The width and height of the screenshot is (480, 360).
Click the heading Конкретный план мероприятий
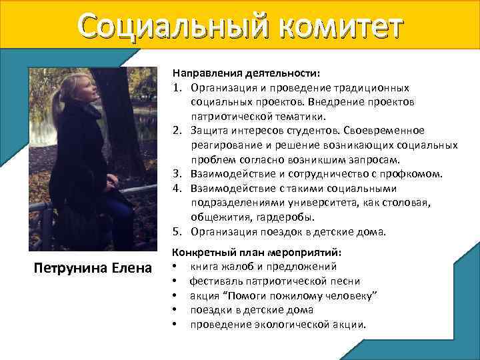pyautogui.click(x=257, y=253)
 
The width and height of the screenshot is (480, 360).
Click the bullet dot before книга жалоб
pyautogui.click(x=175, y=268)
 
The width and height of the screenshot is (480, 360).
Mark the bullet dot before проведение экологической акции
pyautogui.click(x=175, y=325)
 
